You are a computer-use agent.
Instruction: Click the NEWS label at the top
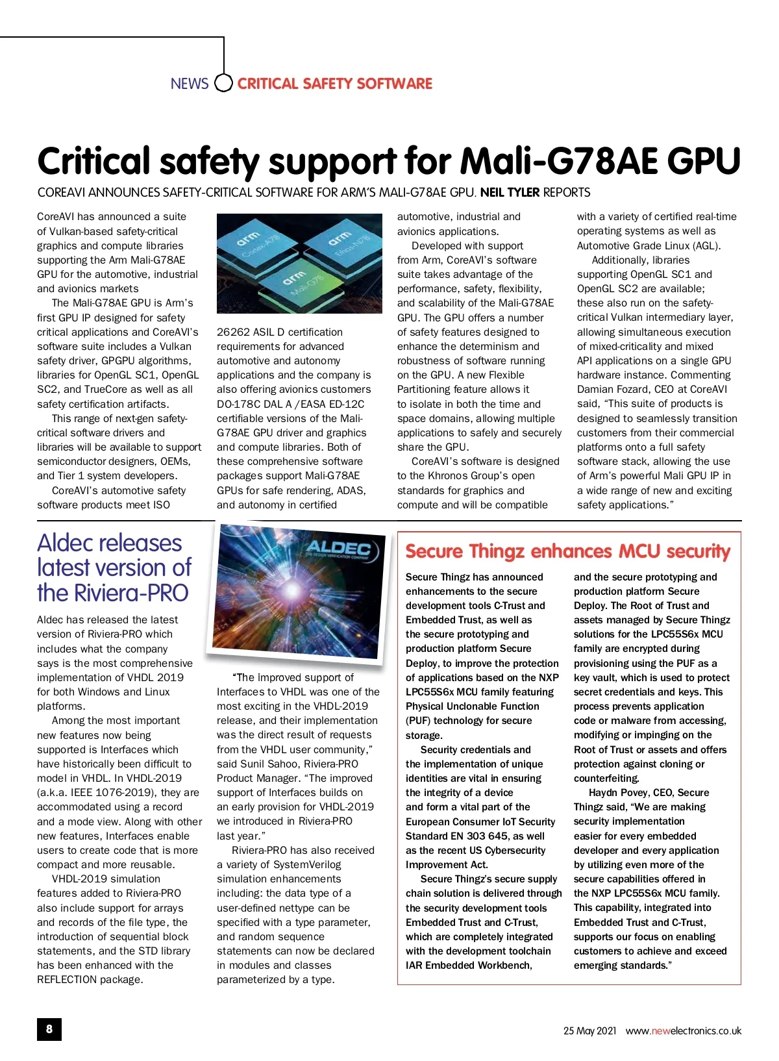click(189, 84)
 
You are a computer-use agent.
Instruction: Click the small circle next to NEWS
click(223, 83)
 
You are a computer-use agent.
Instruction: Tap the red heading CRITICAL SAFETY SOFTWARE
click(334, 84)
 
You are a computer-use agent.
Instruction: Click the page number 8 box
click(49, 1029)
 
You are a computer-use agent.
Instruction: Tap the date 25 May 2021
click(589, 1030)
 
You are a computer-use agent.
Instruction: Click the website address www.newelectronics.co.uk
click(683, 1030)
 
